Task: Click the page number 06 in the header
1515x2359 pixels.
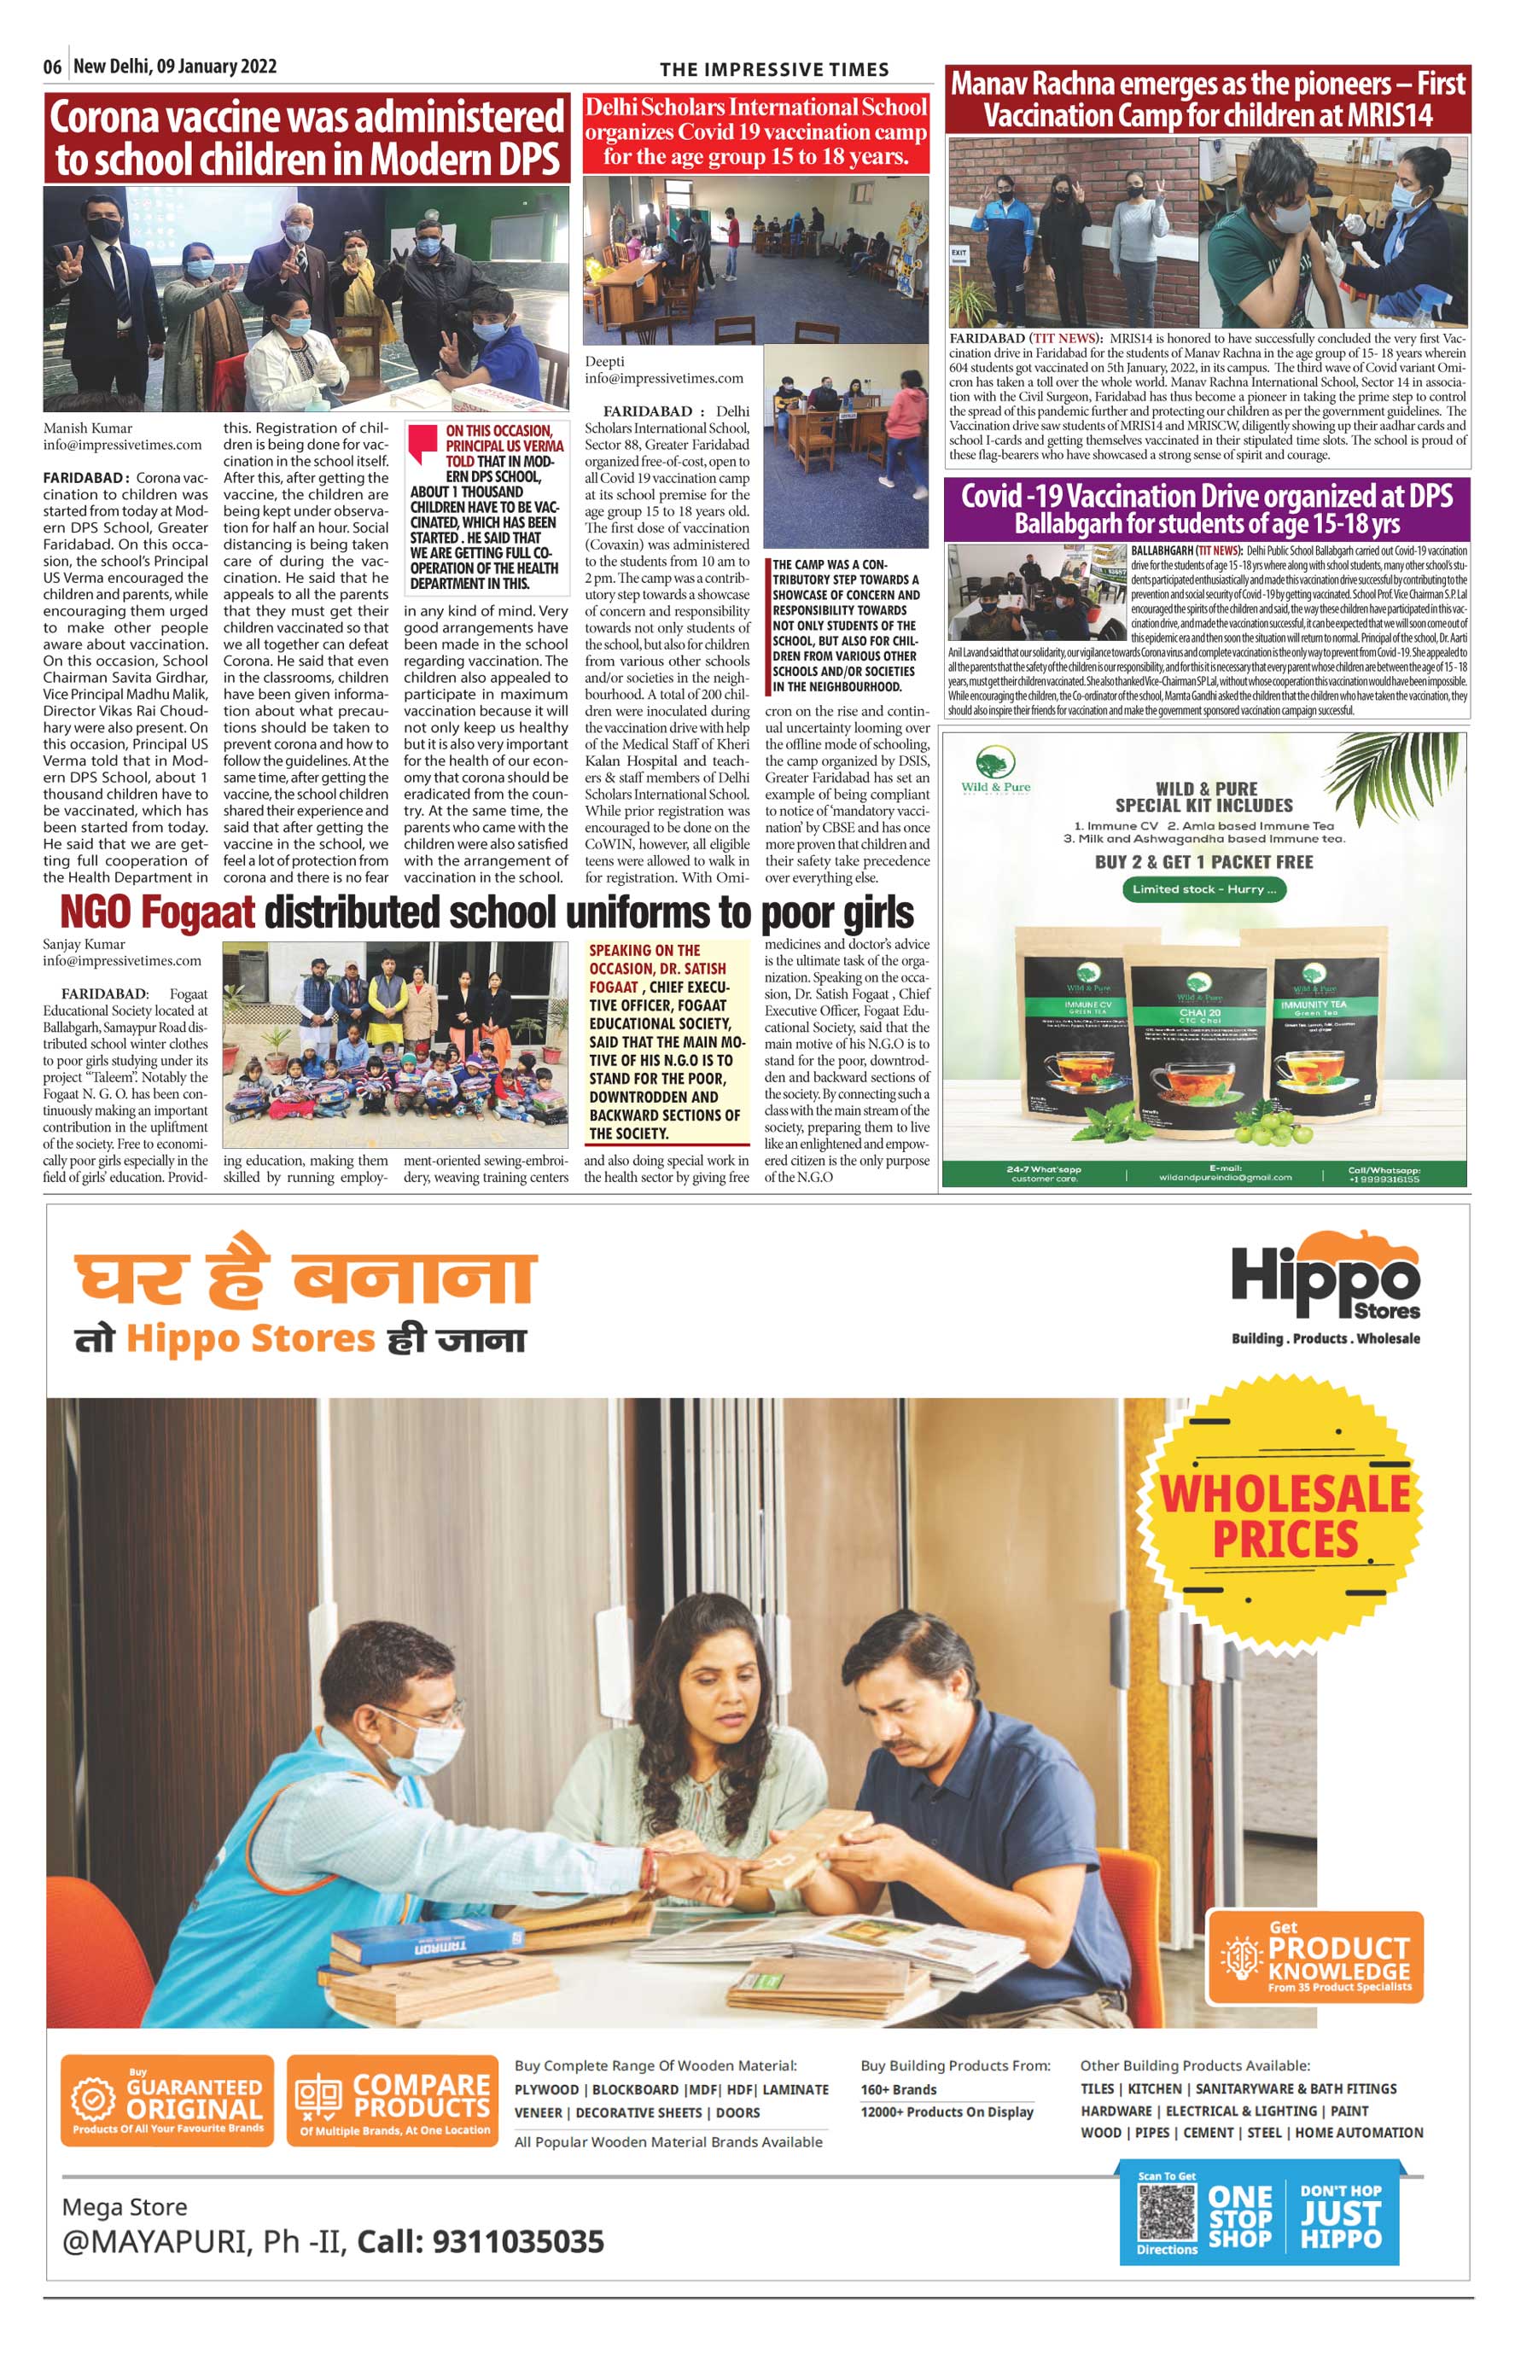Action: pos(52,67)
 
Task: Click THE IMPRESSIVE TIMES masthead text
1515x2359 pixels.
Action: pos(774,69)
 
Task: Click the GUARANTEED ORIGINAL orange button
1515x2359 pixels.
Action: pos(167,2116)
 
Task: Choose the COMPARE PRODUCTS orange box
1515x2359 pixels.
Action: pos(393,2116)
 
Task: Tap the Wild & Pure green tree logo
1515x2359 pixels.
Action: pos(995,762)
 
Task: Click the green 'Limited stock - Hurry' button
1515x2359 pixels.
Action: pos(1204,889)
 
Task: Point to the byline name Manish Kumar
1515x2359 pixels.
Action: pos(88,428)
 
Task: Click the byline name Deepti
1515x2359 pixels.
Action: pos(605,361)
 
